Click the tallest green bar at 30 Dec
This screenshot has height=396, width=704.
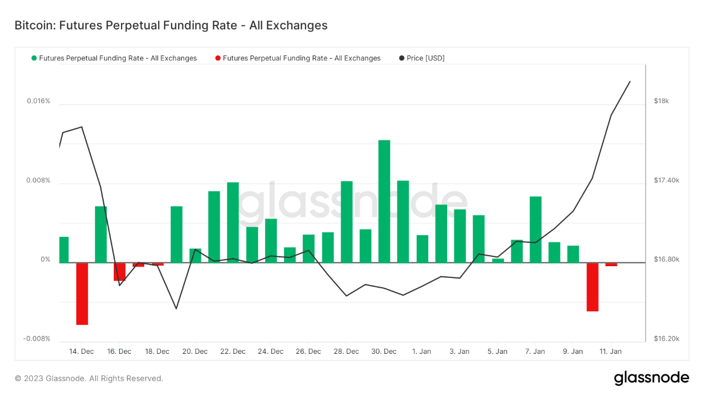(384, 201)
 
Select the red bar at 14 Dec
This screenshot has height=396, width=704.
(82, 293)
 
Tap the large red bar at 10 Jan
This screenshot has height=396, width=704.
(592, 287)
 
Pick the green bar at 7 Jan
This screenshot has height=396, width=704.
(535, 229)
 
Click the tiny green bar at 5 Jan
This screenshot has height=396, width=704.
(498, 261)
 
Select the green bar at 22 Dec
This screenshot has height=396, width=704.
(232, 222)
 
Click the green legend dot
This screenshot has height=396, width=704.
(34, 58)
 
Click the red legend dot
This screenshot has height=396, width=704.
(218, 58)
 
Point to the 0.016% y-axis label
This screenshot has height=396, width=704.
(38, 101)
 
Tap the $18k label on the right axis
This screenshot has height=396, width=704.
(661, 101)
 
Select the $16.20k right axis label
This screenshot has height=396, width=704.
(666, 339)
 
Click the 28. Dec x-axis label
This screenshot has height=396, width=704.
(346, 352)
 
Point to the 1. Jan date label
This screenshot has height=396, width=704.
(422, 352)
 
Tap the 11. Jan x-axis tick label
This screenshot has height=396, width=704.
(611, 352)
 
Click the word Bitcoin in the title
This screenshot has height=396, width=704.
(33, 26)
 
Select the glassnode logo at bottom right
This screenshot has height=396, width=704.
(651, 378)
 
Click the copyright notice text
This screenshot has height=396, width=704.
(89, 378)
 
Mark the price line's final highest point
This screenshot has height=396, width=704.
(630, 82)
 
